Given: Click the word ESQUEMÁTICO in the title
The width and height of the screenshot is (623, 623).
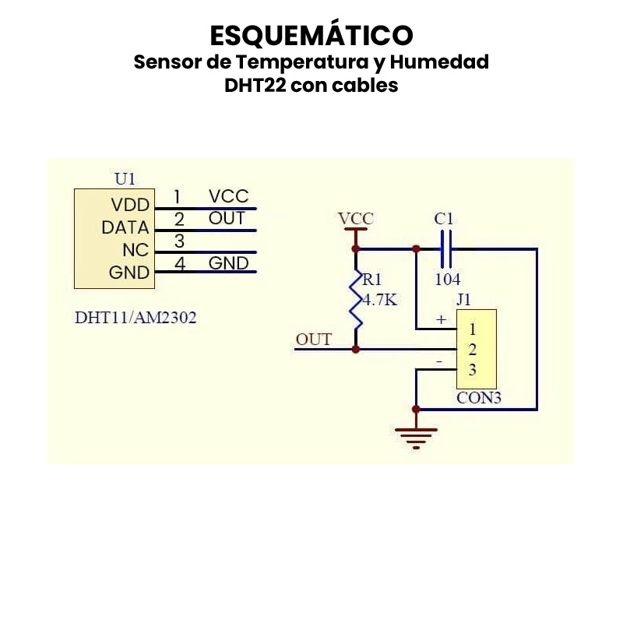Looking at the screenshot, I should pos(311,35).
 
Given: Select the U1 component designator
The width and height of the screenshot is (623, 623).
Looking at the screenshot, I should pos(125,179).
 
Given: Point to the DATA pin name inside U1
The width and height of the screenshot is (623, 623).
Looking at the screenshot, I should pos(125,228).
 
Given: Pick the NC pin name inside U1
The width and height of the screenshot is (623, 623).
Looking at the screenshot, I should pos(136,251).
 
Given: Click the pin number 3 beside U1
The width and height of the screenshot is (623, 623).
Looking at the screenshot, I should pos(179,241).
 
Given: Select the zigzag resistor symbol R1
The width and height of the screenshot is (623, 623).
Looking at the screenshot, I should pos(356,299).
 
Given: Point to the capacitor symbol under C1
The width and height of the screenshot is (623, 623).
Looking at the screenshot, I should pos(445,249).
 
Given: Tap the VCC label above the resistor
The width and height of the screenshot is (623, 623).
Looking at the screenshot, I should pos(356,219).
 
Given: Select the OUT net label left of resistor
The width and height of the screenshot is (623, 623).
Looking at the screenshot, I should pos(313,340).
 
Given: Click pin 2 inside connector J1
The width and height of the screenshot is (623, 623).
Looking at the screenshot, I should pos(472,350).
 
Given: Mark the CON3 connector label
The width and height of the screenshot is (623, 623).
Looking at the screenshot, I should pos(478,399).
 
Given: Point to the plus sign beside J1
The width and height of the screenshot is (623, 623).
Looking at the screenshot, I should pos(441,319).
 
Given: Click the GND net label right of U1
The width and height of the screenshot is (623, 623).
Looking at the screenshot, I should pos(228,263).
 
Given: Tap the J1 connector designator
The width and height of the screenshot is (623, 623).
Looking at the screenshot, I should pos(464,299).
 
